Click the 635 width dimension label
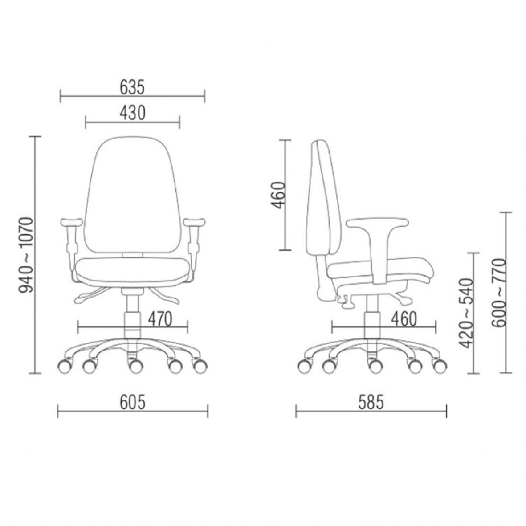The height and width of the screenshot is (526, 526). point(132,87)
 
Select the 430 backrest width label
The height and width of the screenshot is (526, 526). point(133,113)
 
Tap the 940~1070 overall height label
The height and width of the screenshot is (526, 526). point(26,255)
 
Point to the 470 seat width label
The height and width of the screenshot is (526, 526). point(160,319)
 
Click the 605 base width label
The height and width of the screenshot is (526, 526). point(133,402)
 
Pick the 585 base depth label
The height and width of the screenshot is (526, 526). point(371,402)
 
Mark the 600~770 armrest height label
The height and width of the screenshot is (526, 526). point(498,292)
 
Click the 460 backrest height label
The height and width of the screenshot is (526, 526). point(278,195)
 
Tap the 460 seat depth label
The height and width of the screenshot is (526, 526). point(404,319)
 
